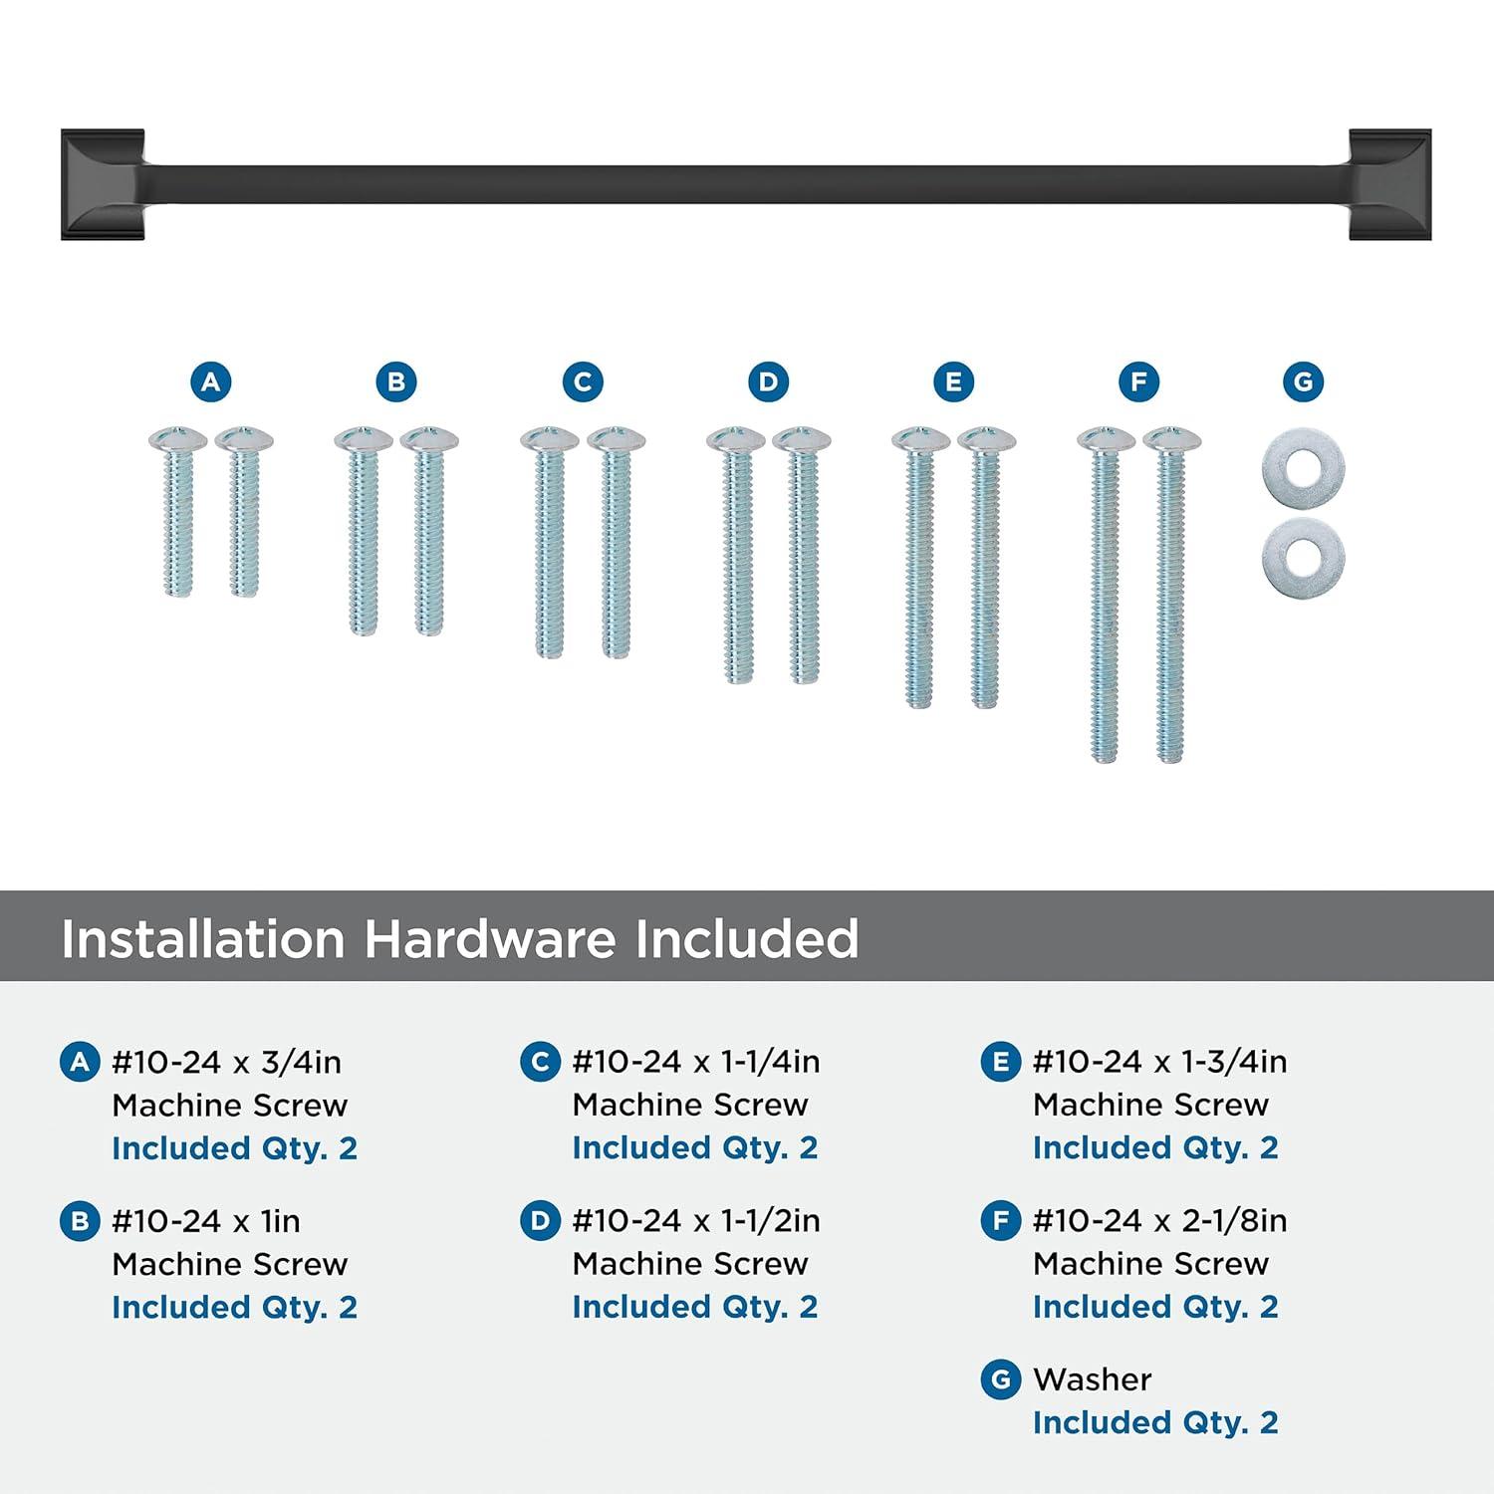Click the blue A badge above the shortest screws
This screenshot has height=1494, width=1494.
(211, 381)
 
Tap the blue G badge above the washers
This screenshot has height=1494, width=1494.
(1304, 381)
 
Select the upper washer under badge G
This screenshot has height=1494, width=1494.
(1304, 469)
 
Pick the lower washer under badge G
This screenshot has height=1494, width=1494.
(1304, 551)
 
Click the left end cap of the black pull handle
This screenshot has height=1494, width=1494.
(103, 184)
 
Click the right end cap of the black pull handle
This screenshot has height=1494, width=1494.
(1390, 184)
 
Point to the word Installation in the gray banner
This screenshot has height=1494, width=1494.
(203, 938)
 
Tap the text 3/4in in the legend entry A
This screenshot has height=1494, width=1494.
(301, 1063)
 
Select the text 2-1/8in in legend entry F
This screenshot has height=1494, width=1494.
(1231, 1221)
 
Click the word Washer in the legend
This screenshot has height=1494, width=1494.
(1093, 1379)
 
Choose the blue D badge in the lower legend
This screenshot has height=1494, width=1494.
(540, 1221)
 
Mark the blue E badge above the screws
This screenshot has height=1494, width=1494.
(953, 381)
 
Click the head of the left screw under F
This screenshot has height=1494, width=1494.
(1106, 438)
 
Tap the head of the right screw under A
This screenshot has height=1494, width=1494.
(244, 438)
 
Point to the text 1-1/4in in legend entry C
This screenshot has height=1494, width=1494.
(770, 1062)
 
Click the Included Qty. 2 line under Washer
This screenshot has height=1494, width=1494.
(1155, 1422)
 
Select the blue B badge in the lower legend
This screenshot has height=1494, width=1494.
(80, 1221)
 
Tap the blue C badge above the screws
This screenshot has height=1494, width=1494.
(583, 381)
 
